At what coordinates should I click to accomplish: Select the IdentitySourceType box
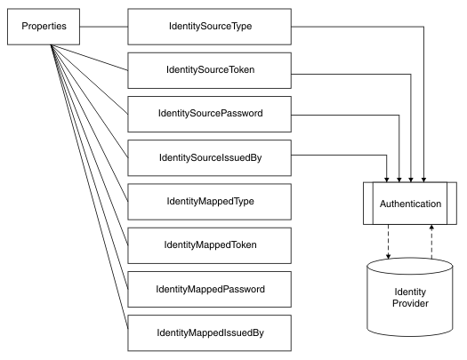click(209, 26)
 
